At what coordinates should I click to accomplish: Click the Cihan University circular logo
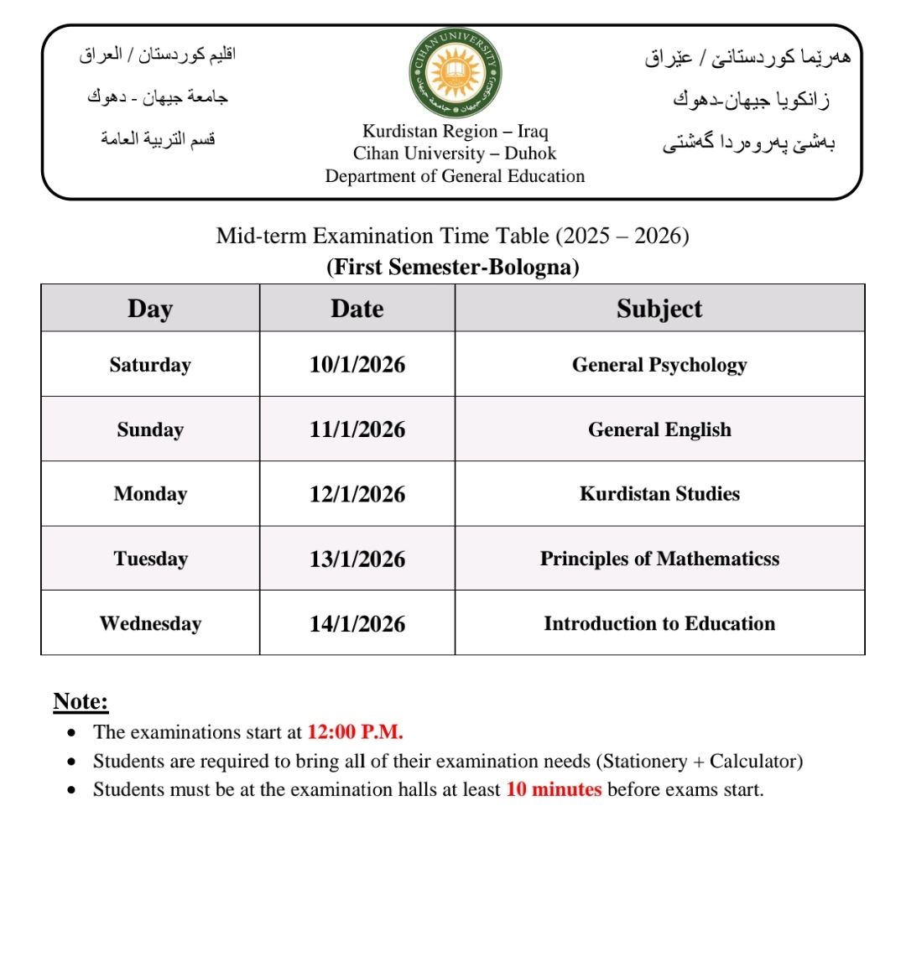tap(455, 74)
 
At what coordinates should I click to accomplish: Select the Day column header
tap(150, 309)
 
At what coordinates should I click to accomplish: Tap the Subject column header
tap(659, 309)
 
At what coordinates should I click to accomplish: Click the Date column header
tap(357, 309)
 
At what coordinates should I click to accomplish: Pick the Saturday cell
tap(150, 365)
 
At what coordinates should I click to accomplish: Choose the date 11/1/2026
tap(357, 429)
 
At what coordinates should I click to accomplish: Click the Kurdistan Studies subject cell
tap(659, 494)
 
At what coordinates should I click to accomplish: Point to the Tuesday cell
tap(150, 559)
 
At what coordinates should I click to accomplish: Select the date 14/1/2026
tap(357, 624)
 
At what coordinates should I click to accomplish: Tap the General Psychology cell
tap(659, 365)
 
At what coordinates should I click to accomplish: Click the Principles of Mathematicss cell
tap(659, 559)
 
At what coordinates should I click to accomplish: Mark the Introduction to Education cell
tap(659, 624)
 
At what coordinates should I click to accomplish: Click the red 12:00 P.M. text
tap(355, 732)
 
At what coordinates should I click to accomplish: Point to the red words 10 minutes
tap(554, 789)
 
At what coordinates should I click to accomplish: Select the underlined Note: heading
tap(81, 701)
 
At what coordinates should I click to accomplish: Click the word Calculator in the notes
tap(752, 762)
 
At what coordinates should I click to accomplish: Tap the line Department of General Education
tap(455, 176)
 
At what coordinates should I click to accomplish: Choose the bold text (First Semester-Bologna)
tap(453, 267)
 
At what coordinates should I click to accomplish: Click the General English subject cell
tap(659, 429)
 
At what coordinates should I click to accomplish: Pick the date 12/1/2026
tap(357, 494)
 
